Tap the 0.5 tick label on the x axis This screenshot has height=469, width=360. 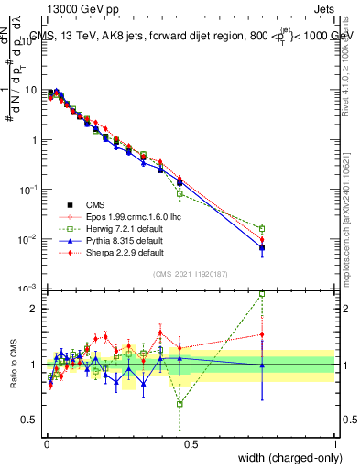point(191,444)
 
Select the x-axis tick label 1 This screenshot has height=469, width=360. point(334,444)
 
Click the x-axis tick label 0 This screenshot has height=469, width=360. point(46,444)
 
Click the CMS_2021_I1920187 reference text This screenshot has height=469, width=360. point(190,273)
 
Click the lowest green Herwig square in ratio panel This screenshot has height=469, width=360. point(180,403)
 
